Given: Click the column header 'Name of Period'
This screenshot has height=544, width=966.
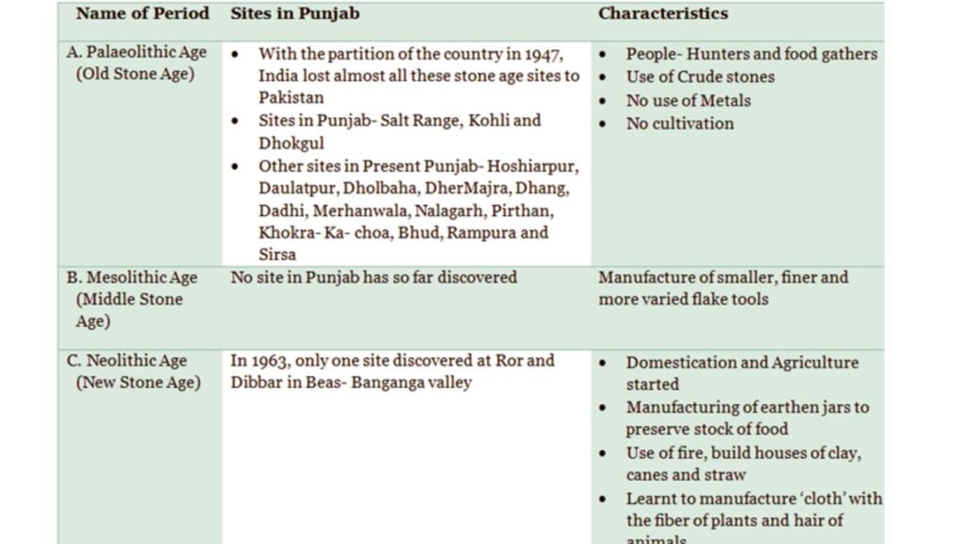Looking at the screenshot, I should pyautogui.click(x=142, y=14).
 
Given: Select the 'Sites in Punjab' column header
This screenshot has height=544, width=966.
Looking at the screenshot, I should pyautogui.click(x=294, y=14).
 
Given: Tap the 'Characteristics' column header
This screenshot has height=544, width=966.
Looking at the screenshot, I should pyautogui.click(x=663, y=14).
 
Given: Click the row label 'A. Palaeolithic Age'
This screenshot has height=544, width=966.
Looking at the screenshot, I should pyautogui.click(x=137, y=52).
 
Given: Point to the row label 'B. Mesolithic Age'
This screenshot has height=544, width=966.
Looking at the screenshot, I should pyautogui.click(x=132, y=278).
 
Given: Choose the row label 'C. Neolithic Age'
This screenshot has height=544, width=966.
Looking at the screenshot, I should pyautogui.click(x=126, y=361).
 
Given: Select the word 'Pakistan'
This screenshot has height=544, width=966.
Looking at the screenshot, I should pyautogui.click(x=291, y=97).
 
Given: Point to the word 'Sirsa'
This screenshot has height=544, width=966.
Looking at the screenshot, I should pyautogui.click(x=277, y=255).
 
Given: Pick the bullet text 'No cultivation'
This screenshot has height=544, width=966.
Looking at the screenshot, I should pyautogui.click(x=679, y=123).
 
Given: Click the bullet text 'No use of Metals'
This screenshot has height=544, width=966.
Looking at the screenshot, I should pyautogui.click(x=688, y=100).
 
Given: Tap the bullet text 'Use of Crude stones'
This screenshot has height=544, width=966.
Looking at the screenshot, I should pyautogui.click(x=700, y=76).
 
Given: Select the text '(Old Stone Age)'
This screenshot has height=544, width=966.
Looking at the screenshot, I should pyautogui.click(x=135, y=74).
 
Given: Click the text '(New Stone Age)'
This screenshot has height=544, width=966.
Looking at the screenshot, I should pyautogui.click(x=138, y=382).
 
